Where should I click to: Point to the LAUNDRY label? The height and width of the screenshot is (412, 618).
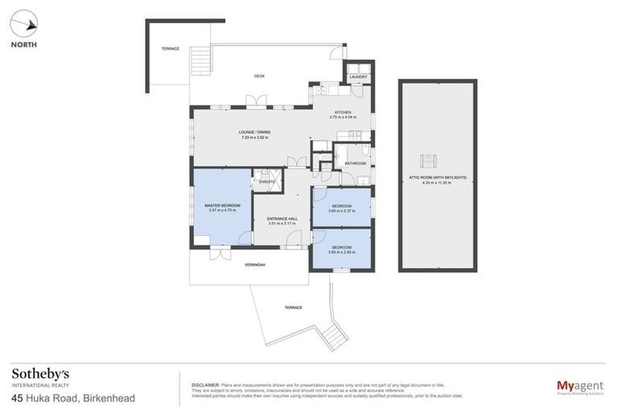point(358,77)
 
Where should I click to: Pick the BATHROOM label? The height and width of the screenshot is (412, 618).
point(355,163)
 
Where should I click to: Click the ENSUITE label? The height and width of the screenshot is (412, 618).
point(266,182)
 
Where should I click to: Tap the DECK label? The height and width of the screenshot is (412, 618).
point(259,76)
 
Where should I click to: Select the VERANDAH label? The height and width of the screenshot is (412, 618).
point(255,265)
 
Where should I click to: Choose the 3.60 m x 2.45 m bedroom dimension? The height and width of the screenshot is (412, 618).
point(341,253)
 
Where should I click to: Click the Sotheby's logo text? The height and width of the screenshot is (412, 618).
point(40,374)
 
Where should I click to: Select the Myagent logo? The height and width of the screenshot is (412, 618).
point(580,386)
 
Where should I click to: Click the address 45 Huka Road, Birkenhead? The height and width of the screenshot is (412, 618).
point(72,398)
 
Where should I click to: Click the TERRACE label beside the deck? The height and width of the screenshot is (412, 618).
point(169,49)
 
